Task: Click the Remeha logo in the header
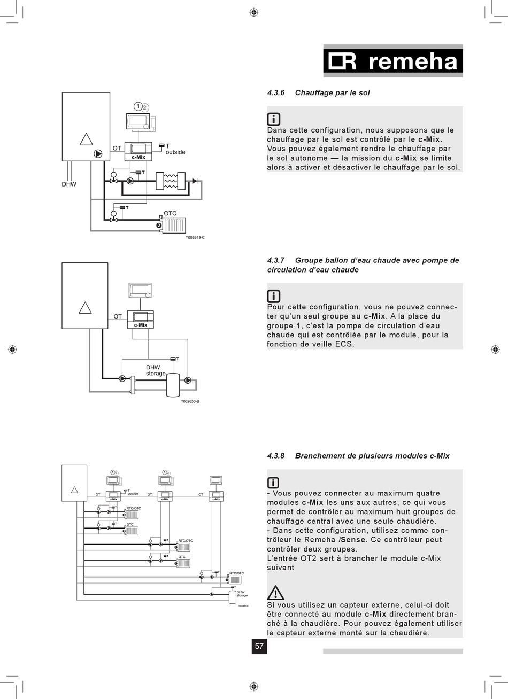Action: pos(393,62)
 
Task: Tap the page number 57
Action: pos(259,646)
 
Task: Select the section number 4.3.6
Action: pos(275,93)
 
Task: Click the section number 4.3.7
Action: pos(275,260)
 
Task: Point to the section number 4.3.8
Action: pos(275,456)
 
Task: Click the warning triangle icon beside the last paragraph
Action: pos(275,592)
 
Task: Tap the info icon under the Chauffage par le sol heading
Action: pos(273,119)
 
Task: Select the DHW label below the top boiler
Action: pos(69,184)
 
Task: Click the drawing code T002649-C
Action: pos(195,237)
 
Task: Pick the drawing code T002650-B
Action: pos(190,401)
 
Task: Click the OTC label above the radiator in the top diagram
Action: pos(170,213)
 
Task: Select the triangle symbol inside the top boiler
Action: pos(86,139)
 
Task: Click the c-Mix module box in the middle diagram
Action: pos(140,319)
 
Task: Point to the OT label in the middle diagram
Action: pos(118,316)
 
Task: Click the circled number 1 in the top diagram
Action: pos(137,106)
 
